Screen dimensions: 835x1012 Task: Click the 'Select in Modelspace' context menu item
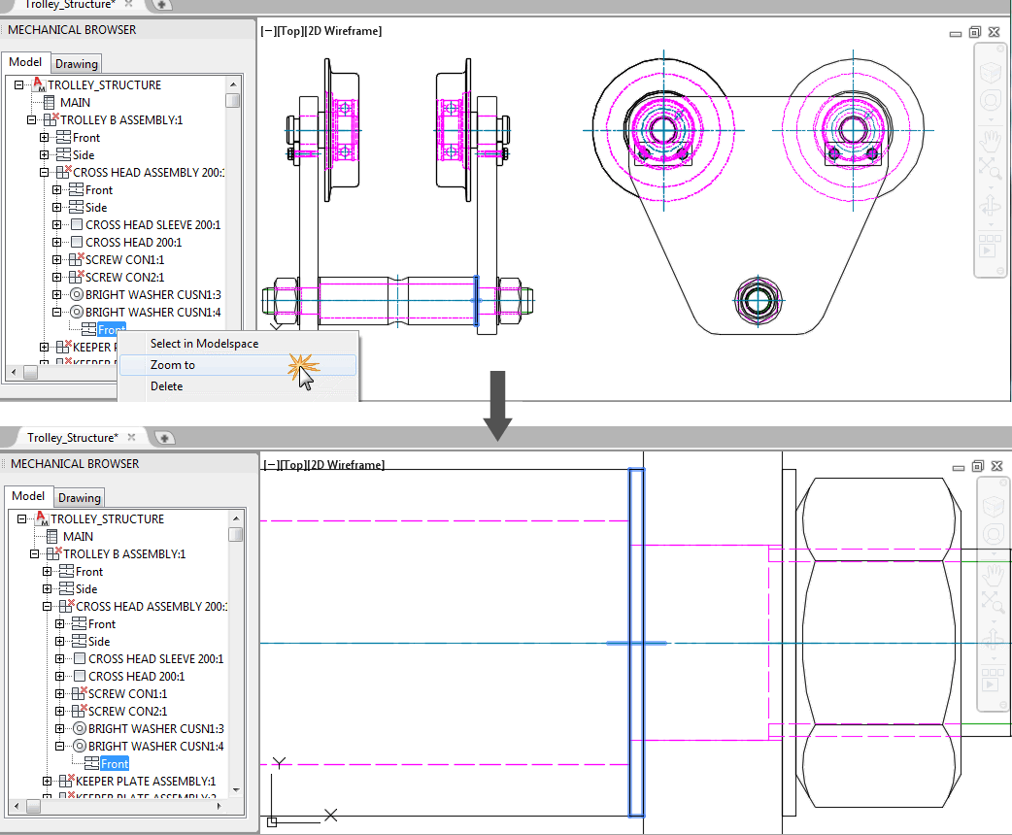(204, 344)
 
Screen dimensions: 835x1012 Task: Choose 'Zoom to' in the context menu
(173, 365)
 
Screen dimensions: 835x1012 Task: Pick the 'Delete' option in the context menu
(166, 386)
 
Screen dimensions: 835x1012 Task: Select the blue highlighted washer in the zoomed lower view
(636, 643)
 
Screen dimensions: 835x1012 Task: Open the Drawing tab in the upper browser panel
(77, 64)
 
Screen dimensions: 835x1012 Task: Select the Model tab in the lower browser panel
(27, 496)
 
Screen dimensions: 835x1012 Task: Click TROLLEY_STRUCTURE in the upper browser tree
(105, 84)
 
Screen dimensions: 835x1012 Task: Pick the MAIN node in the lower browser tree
(78, 536)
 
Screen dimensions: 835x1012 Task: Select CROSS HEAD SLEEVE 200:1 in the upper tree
(152, 224)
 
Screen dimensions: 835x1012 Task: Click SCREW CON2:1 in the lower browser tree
(127, 711)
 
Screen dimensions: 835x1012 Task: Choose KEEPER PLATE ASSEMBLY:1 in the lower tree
(145, 781)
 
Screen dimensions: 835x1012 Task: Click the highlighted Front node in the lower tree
(115, 764)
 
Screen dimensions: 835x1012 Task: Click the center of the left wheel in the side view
(663, 129)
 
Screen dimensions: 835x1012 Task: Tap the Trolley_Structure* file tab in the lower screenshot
(73, 438)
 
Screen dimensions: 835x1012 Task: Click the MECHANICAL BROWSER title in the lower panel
(75, 464)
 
